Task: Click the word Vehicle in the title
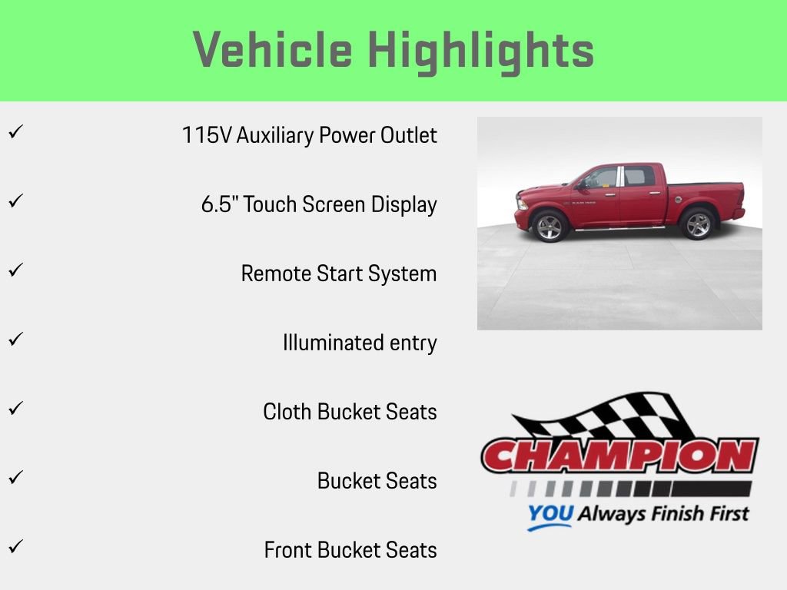273,51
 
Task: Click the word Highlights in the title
481,51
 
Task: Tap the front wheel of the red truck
550,226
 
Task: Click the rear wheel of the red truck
698,224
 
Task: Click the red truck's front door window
602,178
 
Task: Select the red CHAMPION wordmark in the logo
619,456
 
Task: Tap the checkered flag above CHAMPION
607,416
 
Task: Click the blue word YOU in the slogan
550,514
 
